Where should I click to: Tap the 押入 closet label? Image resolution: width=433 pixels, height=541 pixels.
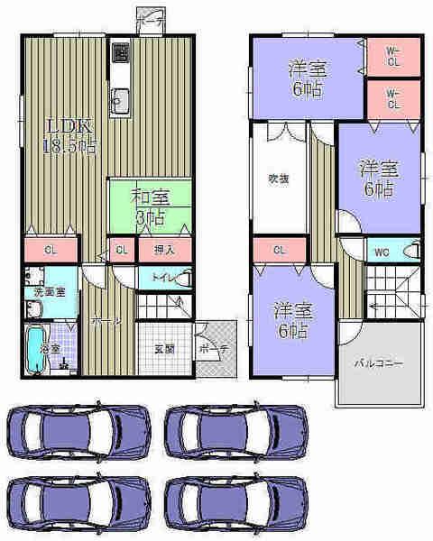[163, 250]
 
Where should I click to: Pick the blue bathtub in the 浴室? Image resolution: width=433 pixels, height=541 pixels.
[34, 349]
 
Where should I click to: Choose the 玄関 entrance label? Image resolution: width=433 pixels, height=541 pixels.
[163, 348]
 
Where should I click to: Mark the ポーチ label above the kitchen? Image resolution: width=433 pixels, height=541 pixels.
[149, 15]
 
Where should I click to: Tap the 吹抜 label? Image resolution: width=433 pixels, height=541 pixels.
[278, 178]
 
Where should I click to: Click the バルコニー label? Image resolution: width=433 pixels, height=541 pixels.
[378, 362]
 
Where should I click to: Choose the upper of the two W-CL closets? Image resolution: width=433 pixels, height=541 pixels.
[393, 56]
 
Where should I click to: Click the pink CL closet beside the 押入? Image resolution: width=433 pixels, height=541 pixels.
[120, 250]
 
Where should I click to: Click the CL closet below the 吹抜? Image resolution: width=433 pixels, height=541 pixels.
[279, 250]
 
